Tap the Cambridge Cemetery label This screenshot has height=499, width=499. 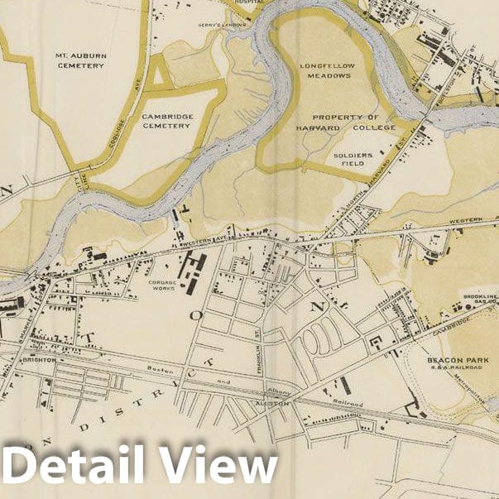[167, 122]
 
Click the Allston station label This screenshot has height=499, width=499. [272, 402]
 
